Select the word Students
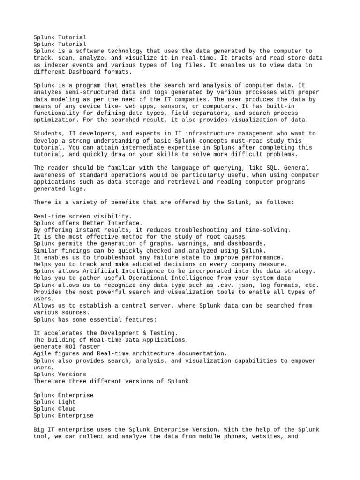[49, 134]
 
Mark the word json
[246, 285]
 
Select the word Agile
[43, 353]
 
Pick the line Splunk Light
[54, 402]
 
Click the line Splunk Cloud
[54, 409]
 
